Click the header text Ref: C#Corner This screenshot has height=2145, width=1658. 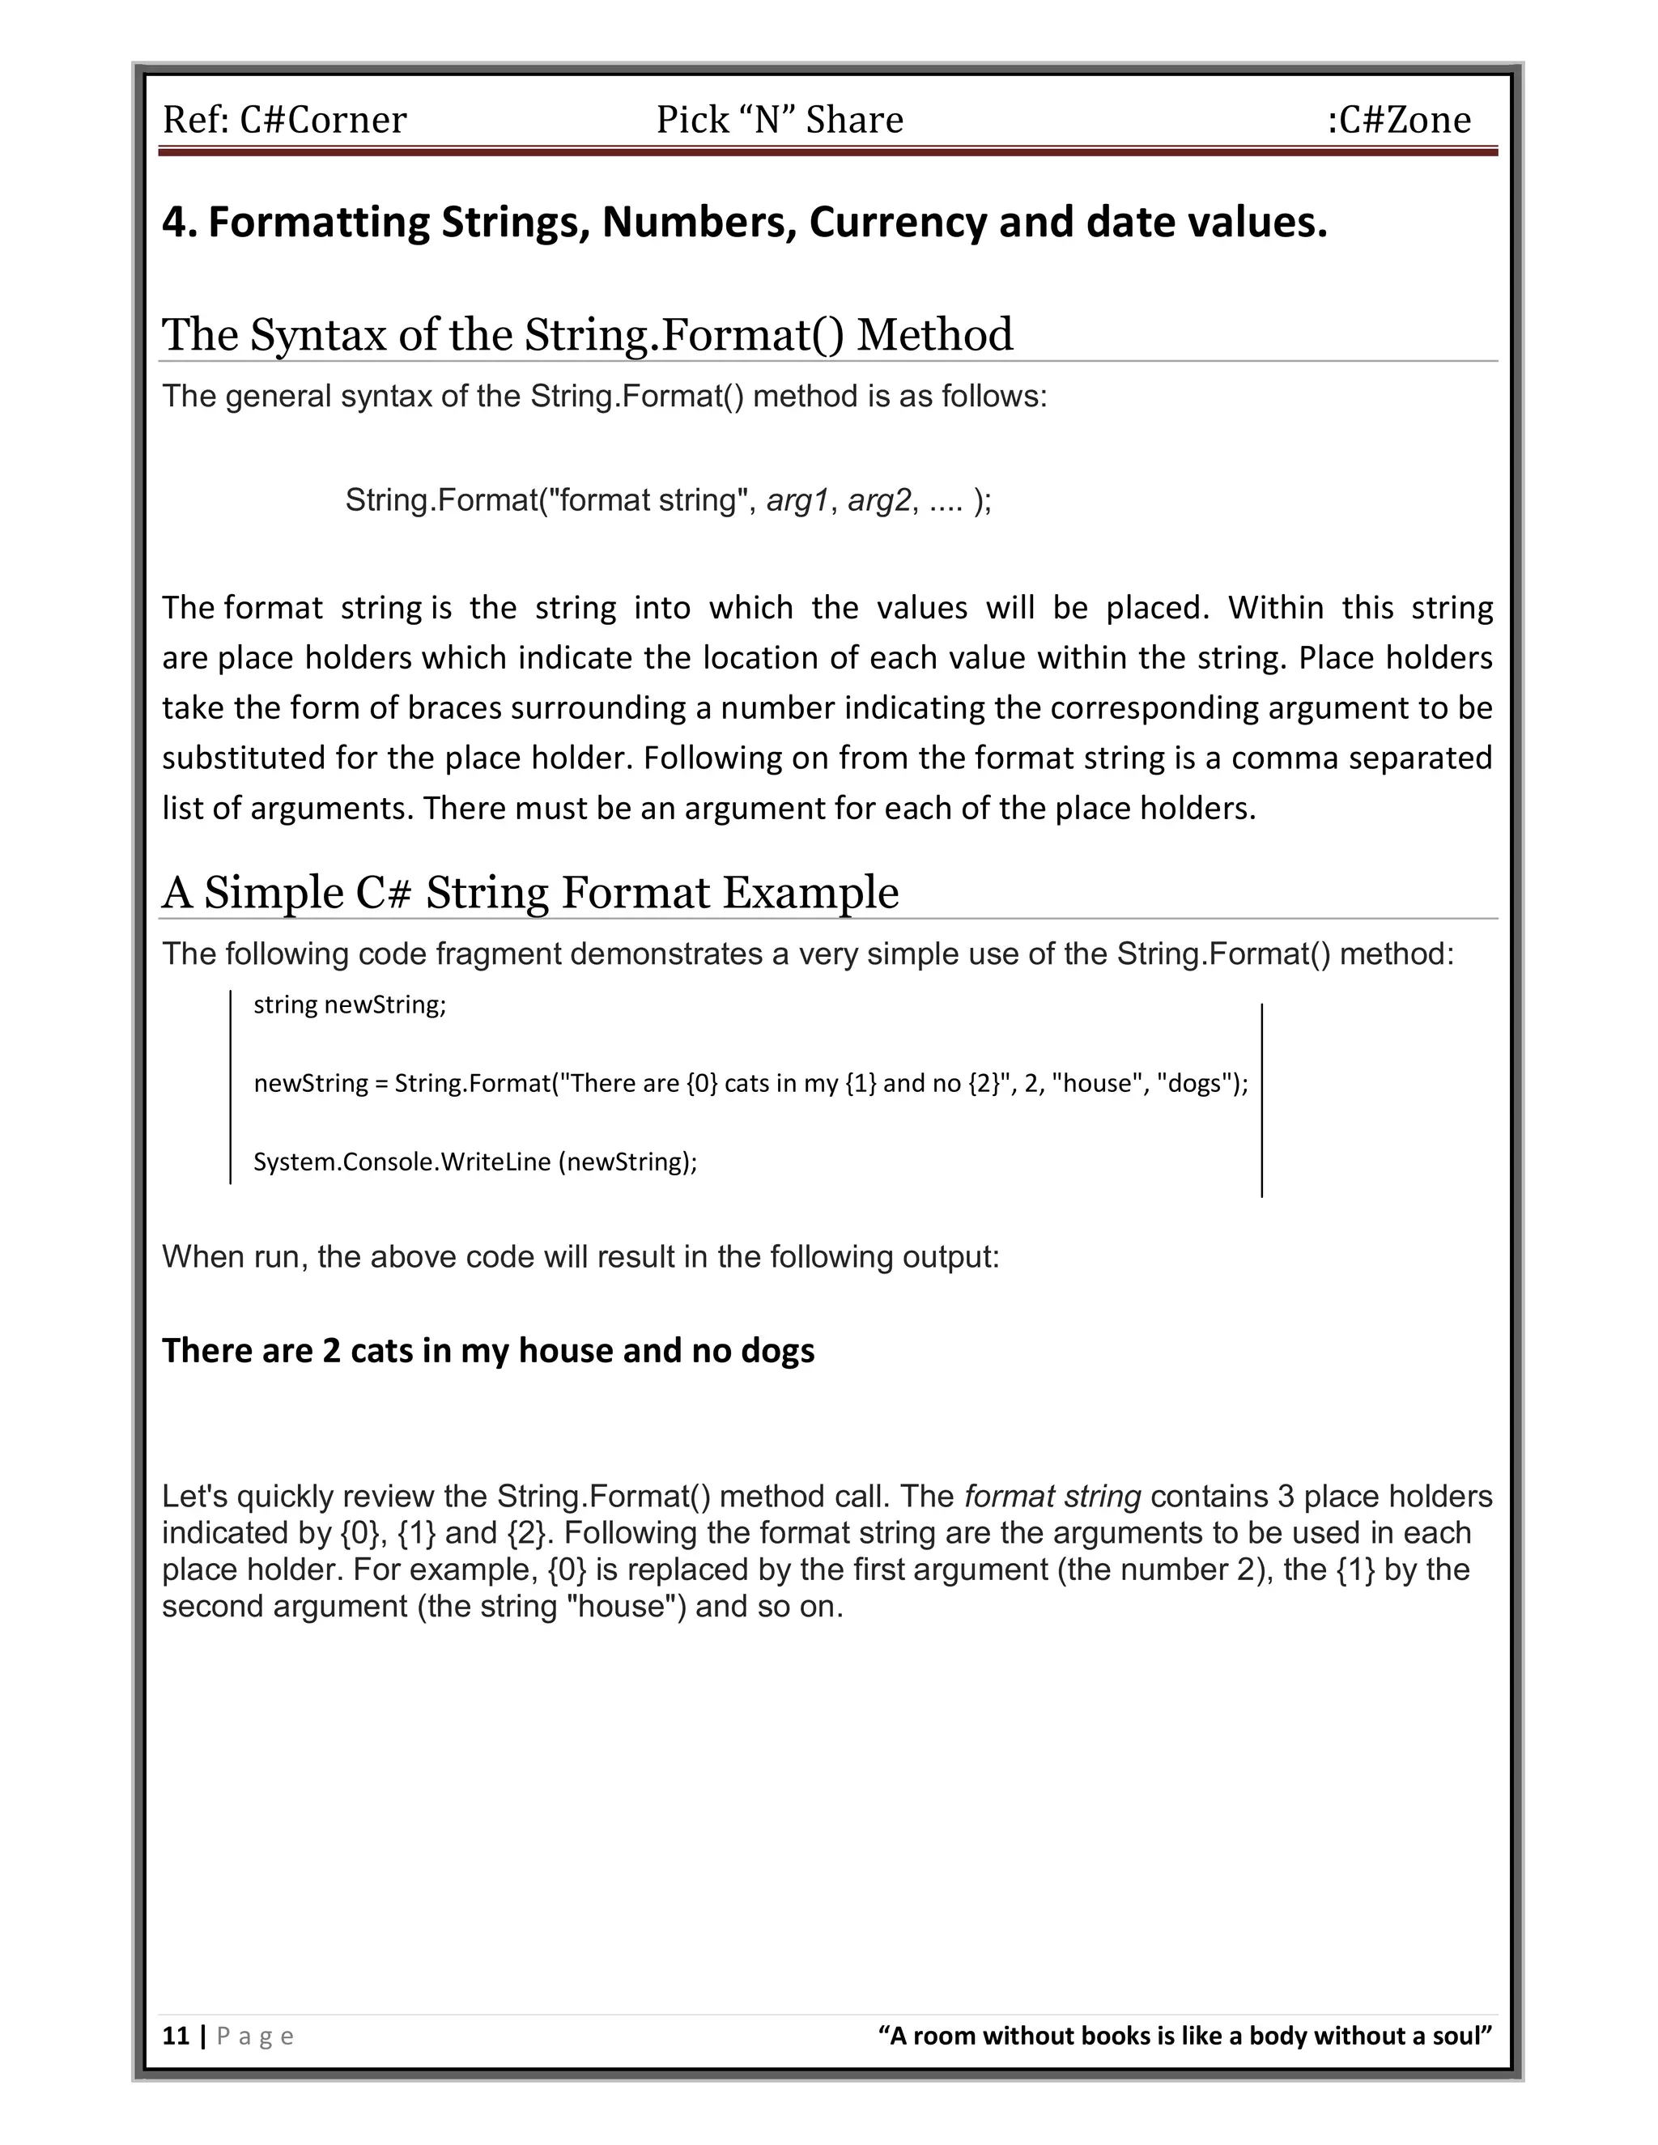click(x=284, y=120)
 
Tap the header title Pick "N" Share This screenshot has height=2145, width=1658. click(x=779, y=120)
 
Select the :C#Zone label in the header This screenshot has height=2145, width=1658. click(x=1399, y=120)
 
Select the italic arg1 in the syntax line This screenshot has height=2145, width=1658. click(x=797, y=501)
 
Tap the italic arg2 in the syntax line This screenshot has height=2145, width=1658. click(x=879, y=501)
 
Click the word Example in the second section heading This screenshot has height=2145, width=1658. click(x=810, y=893)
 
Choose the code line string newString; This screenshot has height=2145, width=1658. click(x=350, y=1005)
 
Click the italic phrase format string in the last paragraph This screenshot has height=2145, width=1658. click(x=1052, y=1497)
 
